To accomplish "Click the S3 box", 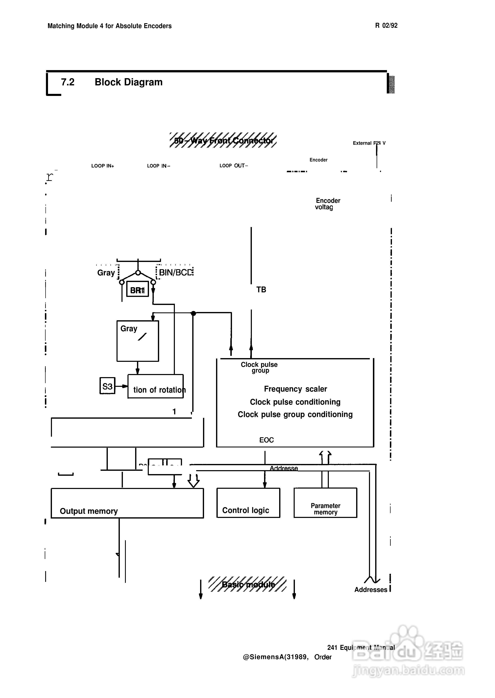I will (x=107, y=386).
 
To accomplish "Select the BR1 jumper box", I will (x=137, y=289).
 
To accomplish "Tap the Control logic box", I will (x=248, y=503).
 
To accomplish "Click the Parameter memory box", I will (x=325, y=503).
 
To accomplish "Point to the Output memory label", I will (x=89, y=511).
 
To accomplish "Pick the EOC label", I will (x=266, y=440).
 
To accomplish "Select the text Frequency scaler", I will (x=295, y=389).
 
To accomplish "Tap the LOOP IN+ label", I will (x=103, y=166).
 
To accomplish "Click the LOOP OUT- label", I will (x=233, y=166).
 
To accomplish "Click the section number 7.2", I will (x=68, y=82).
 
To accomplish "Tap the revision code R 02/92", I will (x=386, y=26).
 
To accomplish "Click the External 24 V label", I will (x=369, y=143).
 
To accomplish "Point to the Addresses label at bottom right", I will (x=371, y=590).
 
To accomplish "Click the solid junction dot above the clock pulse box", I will (x=193, y=313).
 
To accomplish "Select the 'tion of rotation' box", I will (x=155, y=386).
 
